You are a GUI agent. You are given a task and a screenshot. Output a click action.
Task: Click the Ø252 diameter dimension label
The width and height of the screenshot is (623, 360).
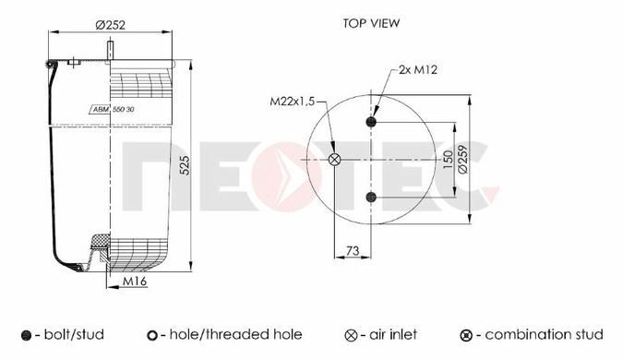pyautogui.click(x=111, y=25)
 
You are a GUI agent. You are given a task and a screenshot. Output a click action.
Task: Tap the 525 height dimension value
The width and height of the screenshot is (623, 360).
pyautogui.click(x=185, y=165)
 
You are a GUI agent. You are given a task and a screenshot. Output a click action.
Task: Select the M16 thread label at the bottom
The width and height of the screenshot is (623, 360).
pyautogui.click(x=135, y=281)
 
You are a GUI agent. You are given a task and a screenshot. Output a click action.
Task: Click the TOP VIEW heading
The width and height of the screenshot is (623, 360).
pyautogui.click(x=371, y=23)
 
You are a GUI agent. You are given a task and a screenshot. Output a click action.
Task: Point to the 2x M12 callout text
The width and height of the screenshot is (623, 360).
pyautogui.click(x=418, y=70)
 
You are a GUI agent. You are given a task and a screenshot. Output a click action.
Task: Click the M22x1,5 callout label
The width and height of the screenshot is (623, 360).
pyautogui.click(x=292, y=102)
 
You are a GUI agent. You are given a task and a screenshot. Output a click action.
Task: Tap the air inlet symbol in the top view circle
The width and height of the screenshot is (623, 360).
pyautogui.click(x=334, y=160)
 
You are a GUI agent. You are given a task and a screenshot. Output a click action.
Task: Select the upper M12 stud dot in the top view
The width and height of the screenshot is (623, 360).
pyautogui.click(x=371, y=122)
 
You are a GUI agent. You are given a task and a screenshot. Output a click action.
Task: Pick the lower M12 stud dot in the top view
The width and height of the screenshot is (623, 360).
pyautogui.click(x=371, y=197)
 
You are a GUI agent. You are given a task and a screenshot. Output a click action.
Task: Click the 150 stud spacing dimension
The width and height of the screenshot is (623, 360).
pyautogui.click(x=448, y=160)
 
